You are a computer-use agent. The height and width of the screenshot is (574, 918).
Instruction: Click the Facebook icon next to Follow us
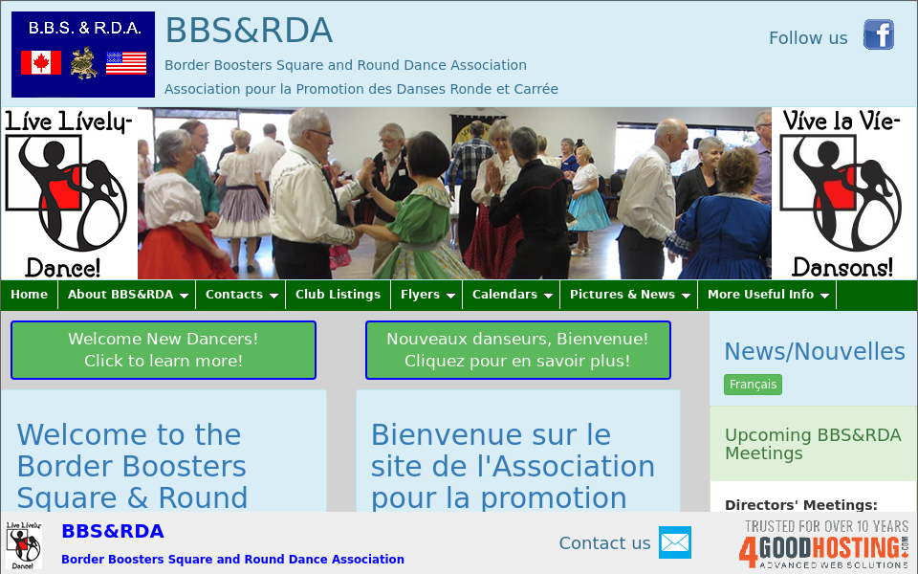(878, 35)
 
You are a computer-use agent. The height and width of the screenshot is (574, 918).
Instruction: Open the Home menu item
(29, 295)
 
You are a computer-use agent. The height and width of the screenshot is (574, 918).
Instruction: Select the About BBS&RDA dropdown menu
(126, 295)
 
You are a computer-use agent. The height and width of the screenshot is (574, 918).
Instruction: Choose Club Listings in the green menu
(338, 295)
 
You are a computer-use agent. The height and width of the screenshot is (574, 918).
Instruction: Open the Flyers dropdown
(426, 295)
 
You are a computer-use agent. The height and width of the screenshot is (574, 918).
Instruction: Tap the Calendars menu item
(511, 295)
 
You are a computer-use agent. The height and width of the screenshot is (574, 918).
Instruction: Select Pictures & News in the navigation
(628, 295)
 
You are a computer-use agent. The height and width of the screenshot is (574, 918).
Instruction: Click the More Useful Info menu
(767, 295)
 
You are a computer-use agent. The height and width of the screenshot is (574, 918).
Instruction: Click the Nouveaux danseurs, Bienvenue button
(517, 350)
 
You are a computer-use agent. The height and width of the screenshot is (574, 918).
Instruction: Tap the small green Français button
(753, 385)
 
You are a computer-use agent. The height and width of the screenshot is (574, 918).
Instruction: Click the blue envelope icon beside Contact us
(674, 542)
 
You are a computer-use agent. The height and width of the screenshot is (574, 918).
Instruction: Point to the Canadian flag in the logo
(41, 63)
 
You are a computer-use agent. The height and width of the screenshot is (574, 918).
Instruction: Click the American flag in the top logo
(126, 63)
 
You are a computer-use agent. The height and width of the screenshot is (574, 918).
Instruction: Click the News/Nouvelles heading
(814, 351)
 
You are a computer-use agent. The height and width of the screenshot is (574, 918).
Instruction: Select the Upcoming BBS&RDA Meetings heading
(813, 444)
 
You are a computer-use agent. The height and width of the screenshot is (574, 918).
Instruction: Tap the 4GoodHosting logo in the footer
(822, 545)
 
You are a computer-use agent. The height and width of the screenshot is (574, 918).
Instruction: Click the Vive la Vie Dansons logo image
(842, 193)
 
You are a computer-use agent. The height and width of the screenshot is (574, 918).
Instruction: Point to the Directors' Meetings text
(800, 505)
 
